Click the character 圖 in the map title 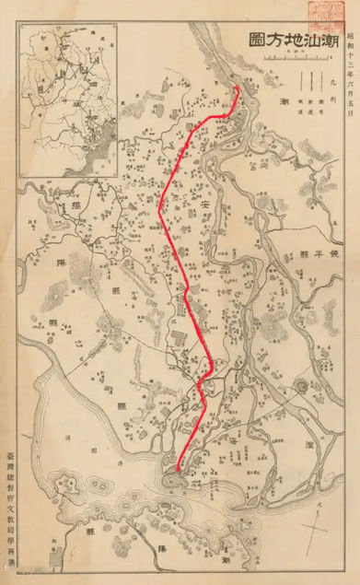click(255, 40)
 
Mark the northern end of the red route click(238, 88)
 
